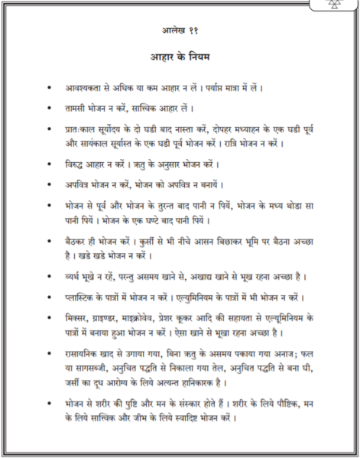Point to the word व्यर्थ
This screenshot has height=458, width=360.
[75, 275]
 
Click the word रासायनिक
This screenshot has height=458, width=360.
[86, 353]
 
